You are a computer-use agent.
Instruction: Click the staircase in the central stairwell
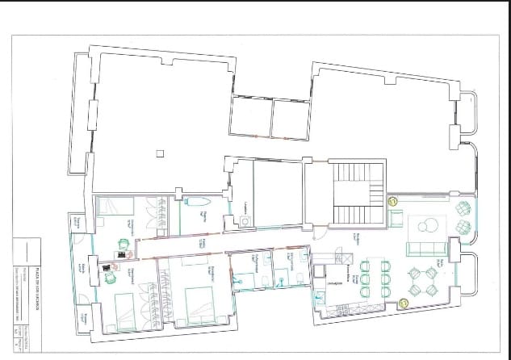click(354, 195)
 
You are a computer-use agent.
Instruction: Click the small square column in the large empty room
click(160, 153)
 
